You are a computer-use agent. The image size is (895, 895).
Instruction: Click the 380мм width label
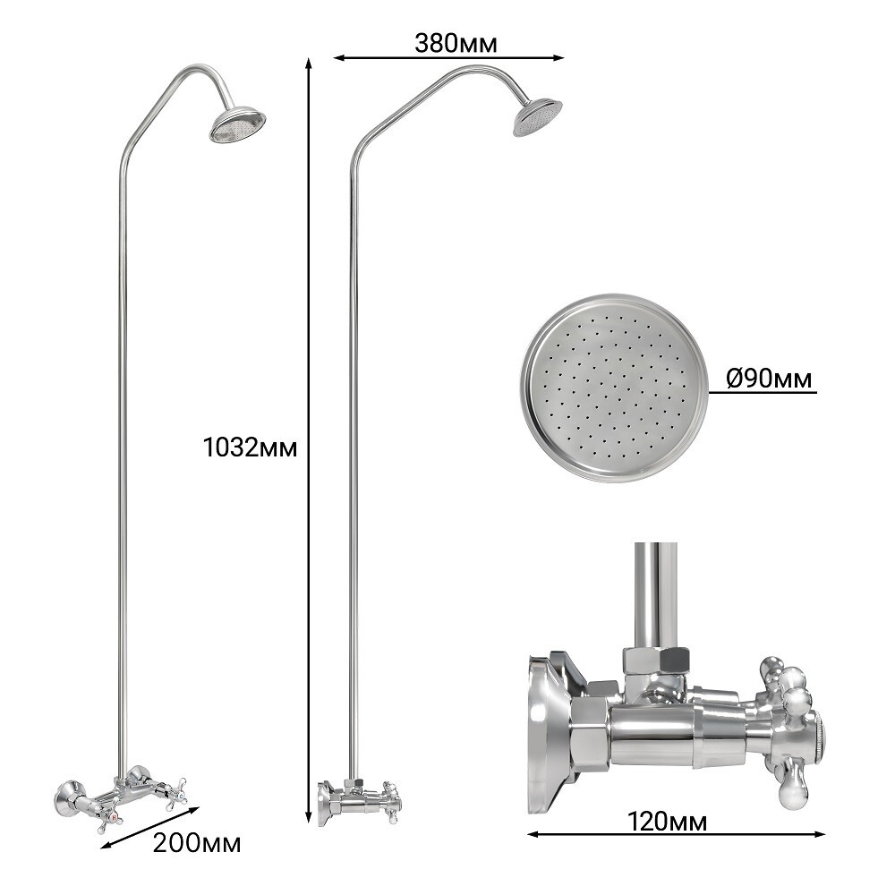tap(456, 43)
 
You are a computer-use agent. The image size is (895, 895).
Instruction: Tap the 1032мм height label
tap(251, 447)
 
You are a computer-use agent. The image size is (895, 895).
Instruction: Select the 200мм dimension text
tap(197, 843)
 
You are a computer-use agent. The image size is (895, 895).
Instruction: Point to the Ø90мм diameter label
tap(769, 378)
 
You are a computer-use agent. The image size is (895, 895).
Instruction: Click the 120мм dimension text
tap(668, 822)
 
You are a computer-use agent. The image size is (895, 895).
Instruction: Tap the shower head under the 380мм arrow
tap(537, 118)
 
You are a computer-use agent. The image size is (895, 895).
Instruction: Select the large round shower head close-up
tap(614, 388)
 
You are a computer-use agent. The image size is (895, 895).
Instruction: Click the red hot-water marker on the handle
tap(116, 818)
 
